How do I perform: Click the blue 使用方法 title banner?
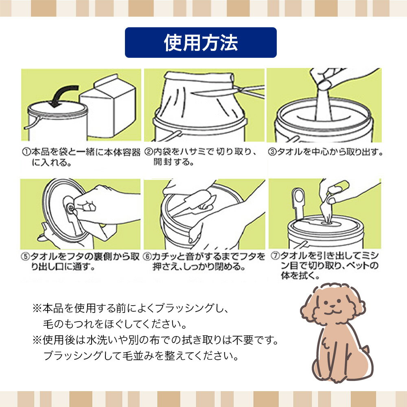pos(201,42)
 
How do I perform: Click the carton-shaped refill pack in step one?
pos(108,106)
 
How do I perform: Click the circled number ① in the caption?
pos(26,152)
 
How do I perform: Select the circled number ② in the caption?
pos(148,151)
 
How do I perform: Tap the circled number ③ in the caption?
pos(272,152)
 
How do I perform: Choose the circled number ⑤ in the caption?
pos(25,256)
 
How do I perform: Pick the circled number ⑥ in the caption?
pos(147,256)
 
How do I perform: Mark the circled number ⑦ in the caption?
pos(275,256)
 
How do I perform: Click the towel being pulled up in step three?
pos(324,104)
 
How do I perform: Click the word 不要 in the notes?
pos(243,340)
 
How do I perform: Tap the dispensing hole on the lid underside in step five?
pos(70,208)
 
